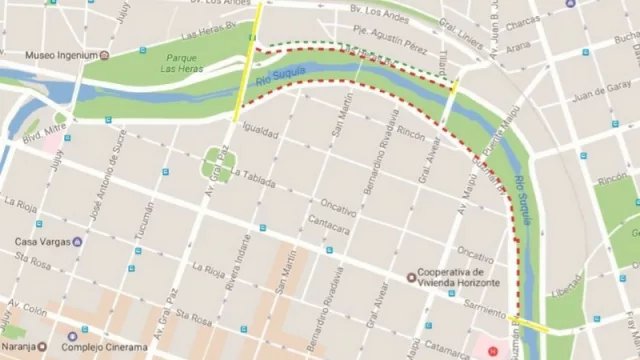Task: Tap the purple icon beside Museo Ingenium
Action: (x=105, y=54)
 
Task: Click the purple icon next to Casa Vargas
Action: (x=78, y=241)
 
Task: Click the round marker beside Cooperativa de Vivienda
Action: (x=410, y=277)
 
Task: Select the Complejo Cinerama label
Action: (x=118, y=347)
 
